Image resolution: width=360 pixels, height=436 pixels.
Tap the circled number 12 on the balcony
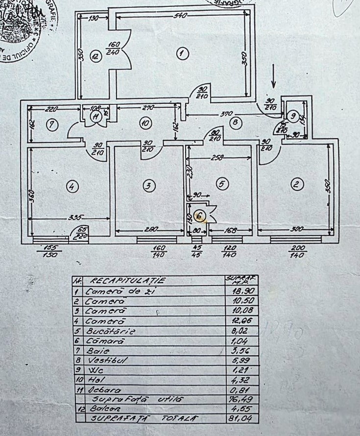click(x=95, y=57)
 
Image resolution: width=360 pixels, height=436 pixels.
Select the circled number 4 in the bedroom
click(x=72, y=186)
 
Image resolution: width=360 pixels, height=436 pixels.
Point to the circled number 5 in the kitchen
click(x=222, y=184)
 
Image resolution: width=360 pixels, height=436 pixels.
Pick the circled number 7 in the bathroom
click(x=52, y=125)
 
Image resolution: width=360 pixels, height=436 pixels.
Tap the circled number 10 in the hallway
click(x=144, y=123)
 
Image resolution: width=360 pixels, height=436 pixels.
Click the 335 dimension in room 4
click(x=76, y=217)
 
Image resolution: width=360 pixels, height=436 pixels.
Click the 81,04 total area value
click(x=237, y=418)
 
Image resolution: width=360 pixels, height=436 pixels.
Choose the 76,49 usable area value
click(x=237, y=399)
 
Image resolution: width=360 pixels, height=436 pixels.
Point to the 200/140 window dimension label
click(x=297, y=251)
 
